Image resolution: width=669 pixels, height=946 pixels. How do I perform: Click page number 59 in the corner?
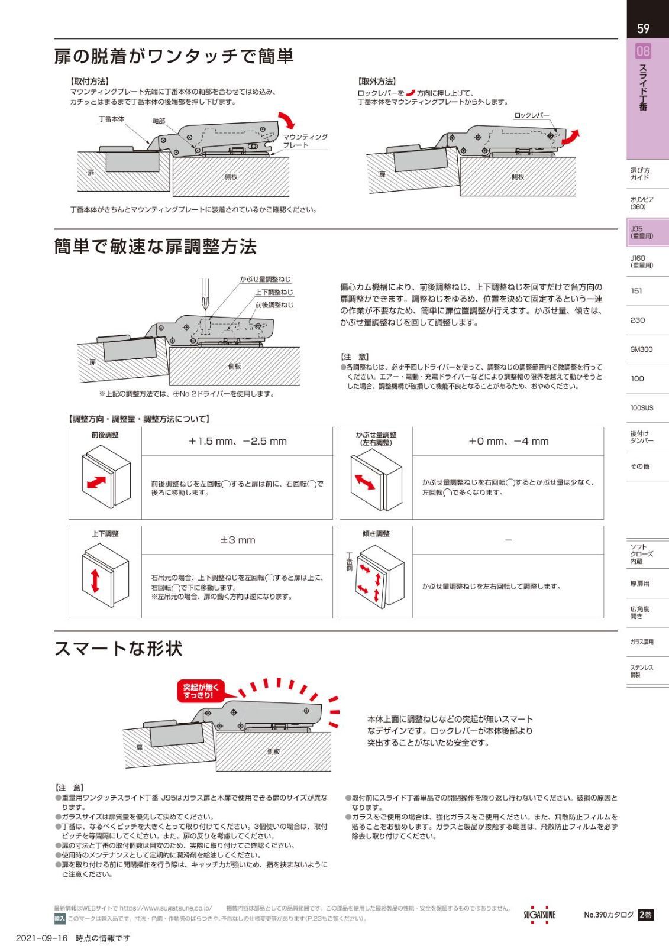coord(643,29)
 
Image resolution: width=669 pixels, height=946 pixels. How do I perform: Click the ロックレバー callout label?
coord(532,115)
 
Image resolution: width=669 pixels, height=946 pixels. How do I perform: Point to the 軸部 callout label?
coord(159,121)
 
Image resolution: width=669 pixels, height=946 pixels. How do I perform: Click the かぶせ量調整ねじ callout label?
coord(266,279)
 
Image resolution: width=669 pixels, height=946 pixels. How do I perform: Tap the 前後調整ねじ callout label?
coord(274,304)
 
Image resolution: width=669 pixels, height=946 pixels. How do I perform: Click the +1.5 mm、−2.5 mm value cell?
coord(237,441)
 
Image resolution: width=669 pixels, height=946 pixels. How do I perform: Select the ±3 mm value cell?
coord(237,540)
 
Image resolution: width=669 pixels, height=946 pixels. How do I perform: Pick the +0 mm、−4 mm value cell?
coord(508,441)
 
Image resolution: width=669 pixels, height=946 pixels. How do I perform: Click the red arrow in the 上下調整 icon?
coord(95,581)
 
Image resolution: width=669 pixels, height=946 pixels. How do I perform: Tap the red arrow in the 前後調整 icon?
coord(96,482)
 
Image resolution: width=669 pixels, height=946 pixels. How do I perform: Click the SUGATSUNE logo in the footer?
coord(539,914)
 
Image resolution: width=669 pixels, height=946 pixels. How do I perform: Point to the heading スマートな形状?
coord(118,648)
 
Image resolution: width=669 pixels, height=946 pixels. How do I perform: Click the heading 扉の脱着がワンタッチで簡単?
coord(174,56)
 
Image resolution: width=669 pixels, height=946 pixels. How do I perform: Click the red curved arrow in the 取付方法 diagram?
coord(286,121)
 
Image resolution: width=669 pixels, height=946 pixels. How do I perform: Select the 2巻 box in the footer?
coord(645,914)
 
